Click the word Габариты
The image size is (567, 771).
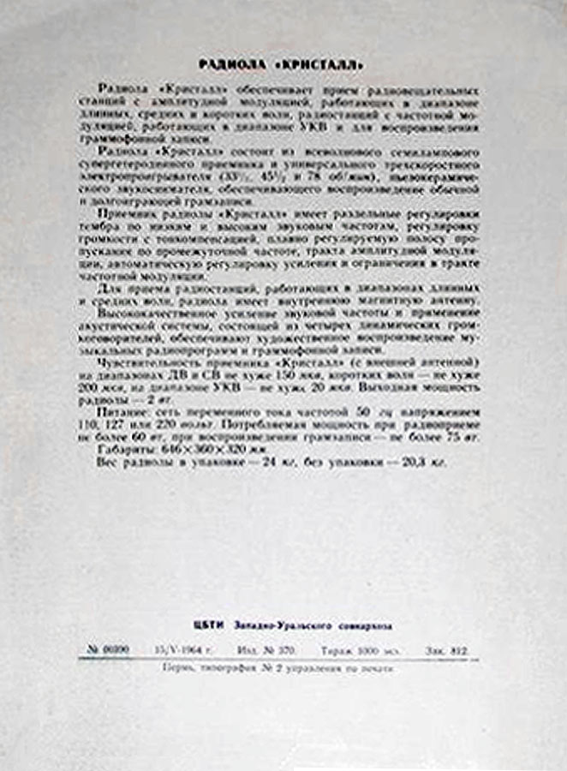(x=126, y=449)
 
